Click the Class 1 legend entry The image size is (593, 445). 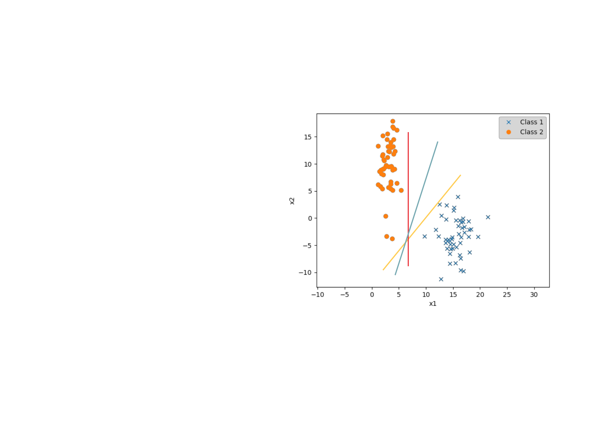point(524,122)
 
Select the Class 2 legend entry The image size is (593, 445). point(524,132)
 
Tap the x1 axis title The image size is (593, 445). point(433,304)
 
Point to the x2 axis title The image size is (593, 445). point(292,201)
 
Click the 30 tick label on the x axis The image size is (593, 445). point(534,295)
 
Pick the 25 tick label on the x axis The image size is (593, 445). point(507,295)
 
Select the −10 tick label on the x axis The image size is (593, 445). point(318,295)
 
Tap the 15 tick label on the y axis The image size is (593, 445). point(308,137)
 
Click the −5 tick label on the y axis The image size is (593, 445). point(307,246)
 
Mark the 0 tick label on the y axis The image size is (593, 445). point(310,218)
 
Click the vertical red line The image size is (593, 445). point(408,199)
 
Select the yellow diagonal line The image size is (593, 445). point(422,222)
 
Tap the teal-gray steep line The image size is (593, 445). point(416,208)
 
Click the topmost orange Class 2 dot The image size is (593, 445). point(393,121)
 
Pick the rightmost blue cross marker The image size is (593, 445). point(488,217)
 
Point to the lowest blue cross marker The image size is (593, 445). point(441,279)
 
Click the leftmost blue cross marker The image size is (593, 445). point(424,236)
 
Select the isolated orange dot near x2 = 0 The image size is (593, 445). point(386,216)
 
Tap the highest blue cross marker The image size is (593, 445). point(458,197)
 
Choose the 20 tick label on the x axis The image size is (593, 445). point(480,295)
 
